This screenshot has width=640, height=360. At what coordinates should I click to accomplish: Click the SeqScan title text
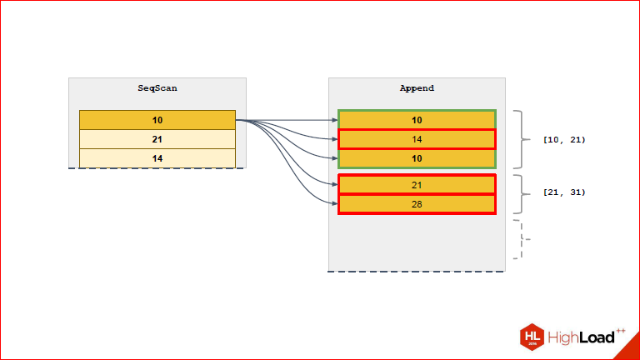[x=157, y=87]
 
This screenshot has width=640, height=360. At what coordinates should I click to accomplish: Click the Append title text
[x=417, y=87]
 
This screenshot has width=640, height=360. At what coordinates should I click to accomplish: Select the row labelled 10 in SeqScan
[x=157, y=120]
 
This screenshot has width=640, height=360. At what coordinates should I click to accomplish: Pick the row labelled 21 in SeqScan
[x=157, y=139]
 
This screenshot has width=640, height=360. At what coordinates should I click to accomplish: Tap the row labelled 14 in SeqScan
[x=157, y=158]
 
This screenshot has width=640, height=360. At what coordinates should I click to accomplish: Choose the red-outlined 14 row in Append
[x=417, y=139]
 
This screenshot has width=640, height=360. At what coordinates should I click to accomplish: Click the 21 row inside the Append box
[x=417, y=184]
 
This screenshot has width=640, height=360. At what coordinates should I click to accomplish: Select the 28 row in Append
[x=417, y=204]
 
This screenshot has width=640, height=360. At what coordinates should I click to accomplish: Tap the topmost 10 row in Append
[x=417, y=120]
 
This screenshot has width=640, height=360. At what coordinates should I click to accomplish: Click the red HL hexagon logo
[x=532, y=337]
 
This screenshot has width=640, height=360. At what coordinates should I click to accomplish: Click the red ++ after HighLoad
[x=620, y=331]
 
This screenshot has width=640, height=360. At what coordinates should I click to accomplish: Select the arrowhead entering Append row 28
[x=334, y=204]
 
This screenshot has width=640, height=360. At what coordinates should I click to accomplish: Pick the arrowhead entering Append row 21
[x=334, y=184]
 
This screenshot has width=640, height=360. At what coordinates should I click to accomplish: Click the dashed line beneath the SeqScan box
[x=157, y=168]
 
